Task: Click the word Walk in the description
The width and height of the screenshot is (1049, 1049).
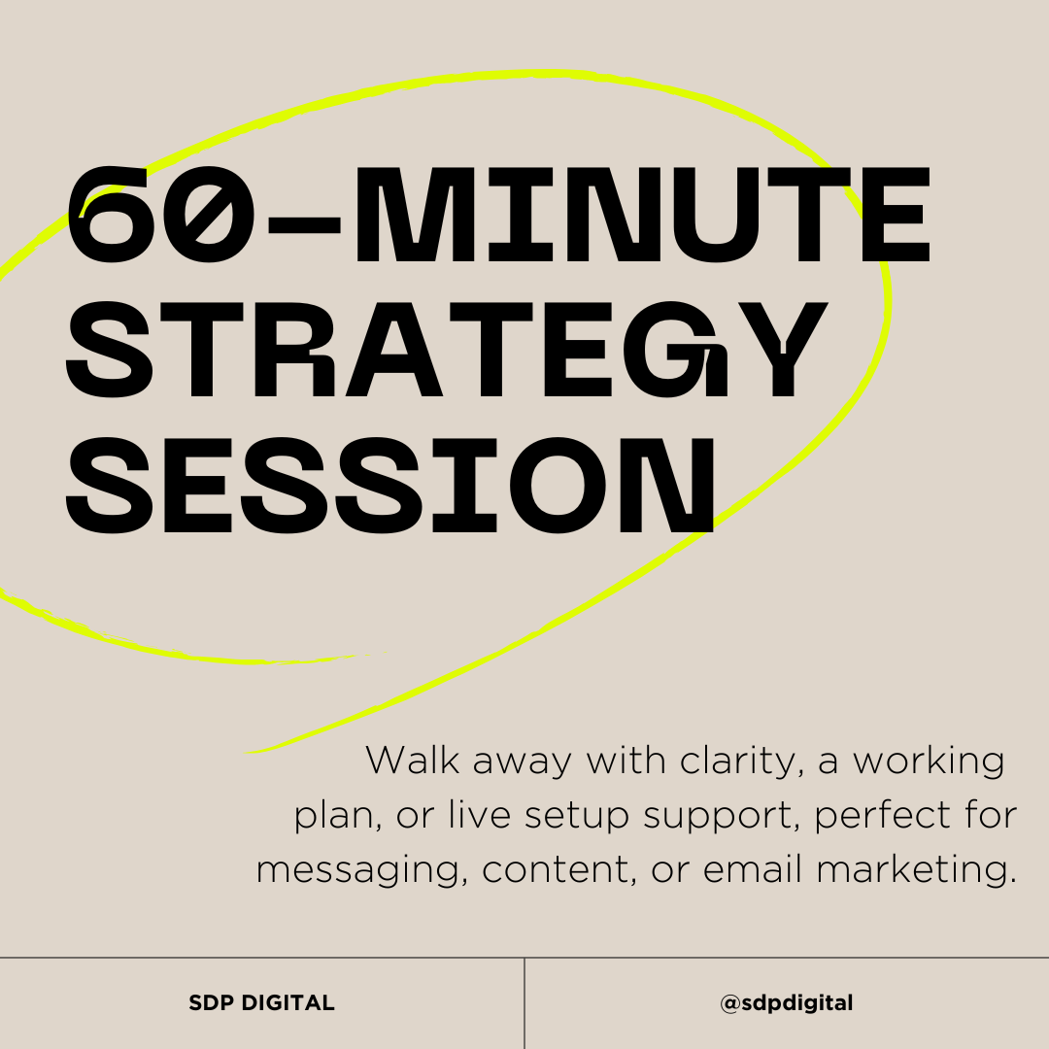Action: [x=412, y=761]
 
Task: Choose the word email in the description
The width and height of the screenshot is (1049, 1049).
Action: [x=754, y=869]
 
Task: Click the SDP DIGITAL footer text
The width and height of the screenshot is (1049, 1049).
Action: [x=261, y=1003]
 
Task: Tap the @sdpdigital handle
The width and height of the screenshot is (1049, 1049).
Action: [x=787, y=1003]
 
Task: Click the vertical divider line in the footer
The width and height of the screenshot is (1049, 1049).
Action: [x=524, y=1003]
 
